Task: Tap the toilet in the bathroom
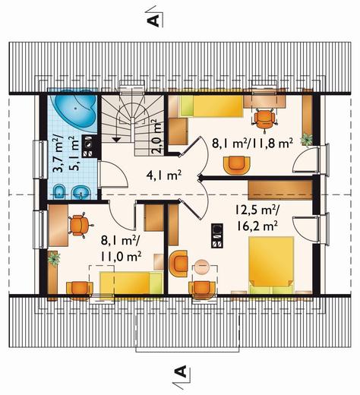[59, 192]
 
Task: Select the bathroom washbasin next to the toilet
[81, 193]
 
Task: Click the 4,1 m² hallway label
[164, 175]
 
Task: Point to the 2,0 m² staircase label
[157, 137]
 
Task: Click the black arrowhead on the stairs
[116, 140]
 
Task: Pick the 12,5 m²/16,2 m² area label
[256, 218]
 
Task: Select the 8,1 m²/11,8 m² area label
[252, 144]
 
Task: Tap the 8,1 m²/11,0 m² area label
[121, 249]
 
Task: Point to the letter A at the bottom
[181, 371]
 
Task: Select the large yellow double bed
[271, 265]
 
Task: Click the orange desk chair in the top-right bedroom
[264, 118]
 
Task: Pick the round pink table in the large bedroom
[201, 267]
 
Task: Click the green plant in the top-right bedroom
[307, 140]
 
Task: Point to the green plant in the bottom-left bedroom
[54, 258]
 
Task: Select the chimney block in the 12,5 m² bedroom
[217, 235]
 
